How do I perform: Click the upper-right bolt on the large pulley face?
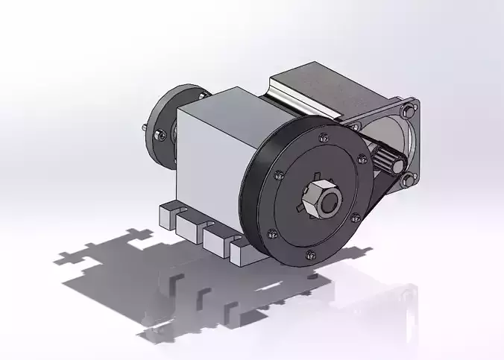pyautogui.click(x=362, y=159)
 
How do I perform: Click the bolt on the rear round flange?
pyautogui.click(x=159, y=136)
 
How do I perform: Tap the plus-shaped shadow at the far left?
pyautogui.click(x=75, y=257)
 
